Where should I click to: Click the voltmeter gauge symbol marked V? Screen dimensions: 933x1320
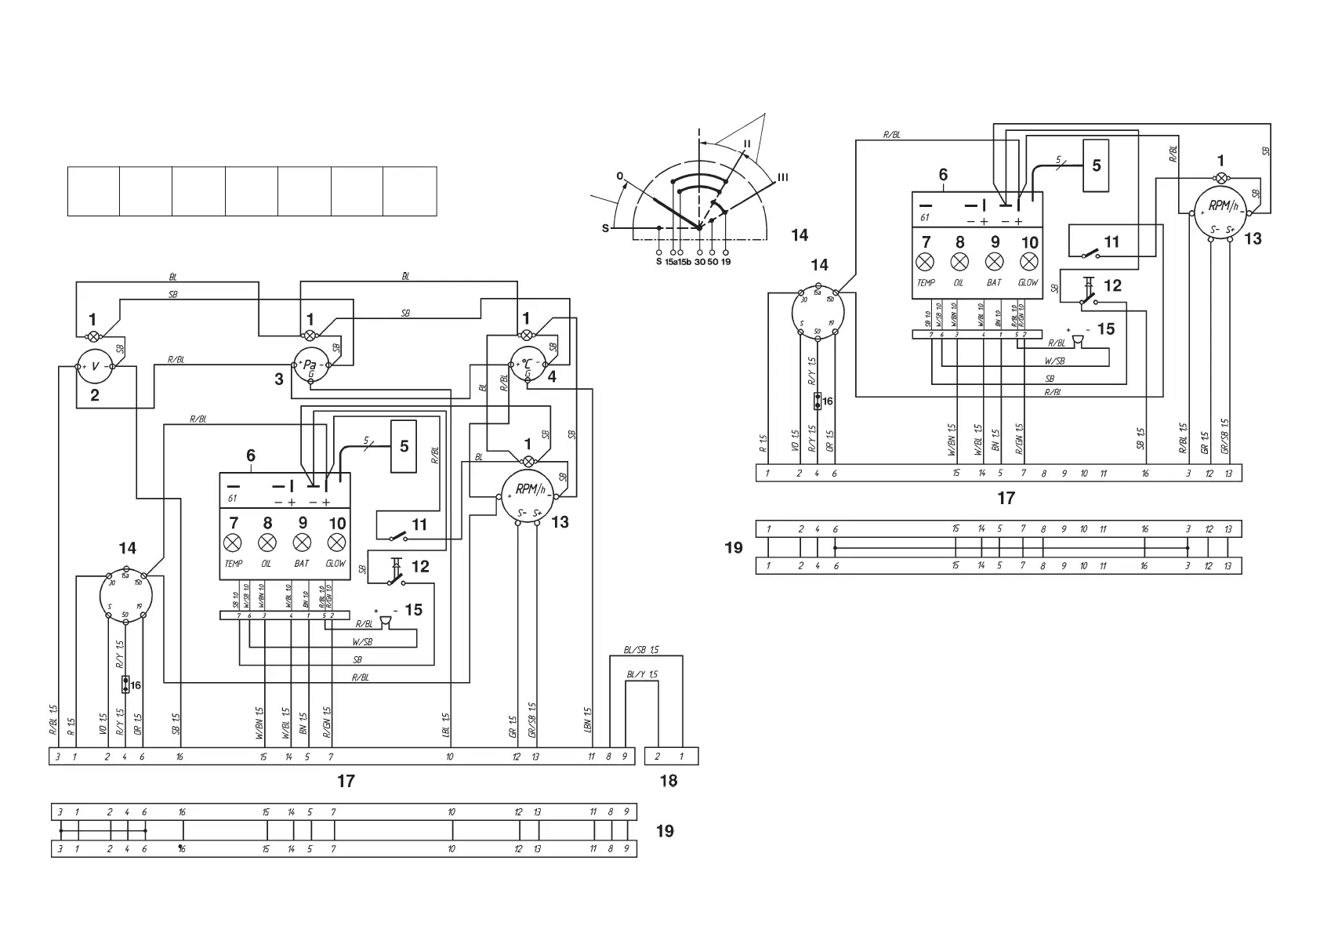[x=96, y=366]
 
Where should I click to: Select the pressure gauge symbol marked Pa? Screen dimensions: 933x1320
[x=311, y=365]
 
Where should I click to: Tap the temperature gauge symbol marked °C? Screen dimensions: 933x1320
[x=528, y=364]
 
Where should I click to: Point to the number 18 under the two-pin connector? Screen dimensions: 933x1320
[x=669, y=781]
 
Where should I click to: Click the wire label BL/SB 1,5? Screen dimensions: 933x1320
[x=642, y=650]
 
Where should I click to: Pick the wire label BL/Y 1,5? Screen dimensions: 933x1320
[x=642, y=674]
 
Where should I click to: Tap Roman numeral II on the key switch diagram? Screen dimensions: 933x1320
[x=747, y=143]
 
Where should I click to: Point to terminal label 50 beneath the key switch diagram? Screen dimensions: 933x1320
[x=713, y=262]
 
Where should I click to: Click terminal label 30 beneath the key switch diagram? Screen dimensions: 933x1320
[x=699, y=262]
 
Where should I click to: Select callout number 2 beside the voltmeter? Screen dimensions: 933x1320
[x=95, y=395]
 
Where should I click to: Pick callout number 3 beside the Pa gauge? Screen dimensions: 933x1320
[x=279, y=379]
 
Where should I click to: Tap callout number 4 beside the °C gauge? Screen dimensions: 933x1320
[x=552, y=376]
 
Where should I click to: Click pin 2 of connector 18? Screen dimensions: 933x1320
[x=658, y=757]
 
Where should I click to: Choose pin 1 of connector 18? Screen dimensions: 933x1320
[x=681, y=757]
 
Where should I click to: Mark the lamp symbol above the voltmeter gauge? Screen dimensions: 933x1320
[x=93, y=336]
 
